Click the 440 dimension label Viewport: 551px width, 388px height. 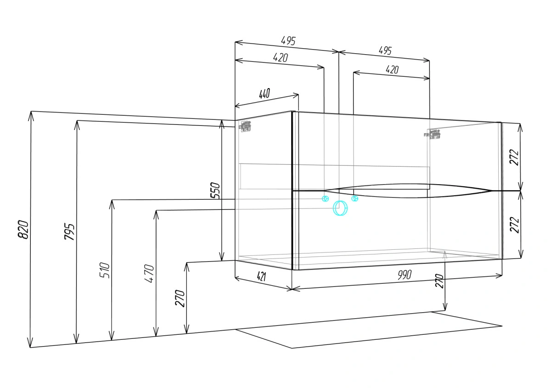(x=264, y=94)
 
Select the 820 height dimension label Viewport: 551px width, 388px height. (x=23, y=229)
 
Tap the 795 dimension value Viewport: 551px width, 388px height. (x=69, y=231)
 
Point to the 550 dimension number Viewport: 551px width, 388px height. (x=215, y=190)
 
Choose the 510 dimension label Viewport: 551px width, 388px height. (x=105, y=270)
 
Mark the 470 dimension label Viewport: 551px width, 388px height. (x=149, y=273)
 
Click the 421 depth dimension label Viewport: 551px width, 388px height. (x=261, y=276)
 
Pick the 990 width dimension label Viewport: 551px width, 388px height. (x=405, y=275)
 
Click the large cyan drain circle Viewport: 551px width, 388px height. (x=340, y=208)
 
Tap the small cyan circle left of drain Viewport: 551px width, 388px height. (x=325, y=198)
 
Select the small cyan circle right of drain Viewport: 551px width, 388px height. (x=354, y=198)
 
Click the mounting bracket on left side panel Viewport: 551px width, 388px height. (x=245, y=126)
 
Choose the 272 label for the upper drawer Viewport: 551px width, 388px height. (x=514, y=157)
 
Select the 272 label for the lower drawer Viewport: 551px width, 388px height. (x=514, y=225)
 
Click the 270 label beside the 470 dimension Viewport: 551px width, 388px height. (x=180, y=298)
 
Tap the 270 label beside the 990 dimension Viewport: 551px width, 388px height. (x=439, y=281)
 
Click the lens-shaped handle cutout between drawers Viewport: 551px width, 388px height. (x=408, y=191)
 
